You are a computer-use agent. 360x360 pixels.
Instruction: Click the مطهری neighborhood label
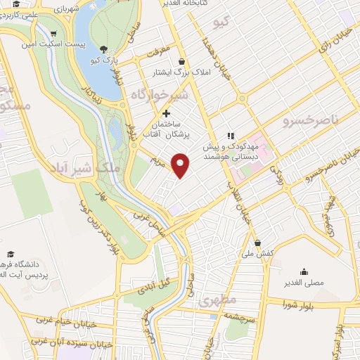pos(217,300)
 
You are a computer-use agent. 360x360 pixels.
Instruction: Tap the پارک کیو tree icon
pos(104,49)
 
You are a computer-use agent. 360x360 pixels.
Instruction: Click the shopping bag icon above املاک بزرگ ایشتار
pos(182,61)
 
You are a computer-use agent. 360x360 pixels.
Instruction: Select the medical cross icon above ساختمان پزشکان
pos(166,113)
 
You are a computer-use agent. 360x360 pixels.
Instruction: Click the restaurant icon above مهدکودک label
pos(229,136)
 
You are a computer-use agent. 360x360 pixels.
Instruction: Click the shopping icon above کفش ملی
pos(257,242)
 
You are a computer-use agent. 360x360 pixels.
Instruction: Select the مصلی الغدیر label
pos(303,282)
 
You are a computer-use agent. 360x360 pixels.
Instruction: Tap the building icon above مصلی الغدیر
pos(304,271)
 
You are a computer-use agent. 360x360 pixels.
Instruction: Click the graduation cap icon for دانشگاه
pos(11,253)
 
